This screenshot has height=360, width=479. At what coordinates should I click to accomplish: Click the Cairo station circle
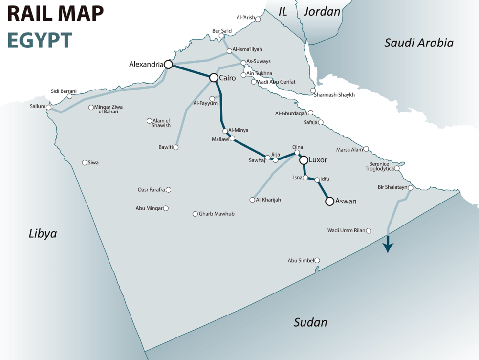(213, 78)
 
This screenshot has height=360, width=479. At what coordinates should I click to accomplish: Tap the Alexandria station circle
(168, 65)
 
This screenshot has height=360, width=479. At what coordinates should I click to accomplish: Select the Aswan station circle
(329, 201)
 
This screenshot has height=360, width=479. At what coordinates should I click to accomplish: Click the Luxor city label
(318, 160)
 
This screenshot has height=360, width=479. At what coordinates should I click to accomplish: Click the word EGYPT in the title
(40, 41)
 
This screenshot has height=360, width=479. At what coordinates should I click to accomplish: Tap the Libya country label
(43, 233)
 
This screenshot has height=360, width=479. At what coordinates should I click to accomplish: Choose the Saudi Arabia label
(419, 43)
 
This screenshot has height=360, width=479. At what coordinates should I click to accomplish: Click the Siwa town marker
(85, 163)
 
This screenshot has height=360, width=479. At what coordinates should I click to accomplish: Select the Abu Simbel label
(301, 261)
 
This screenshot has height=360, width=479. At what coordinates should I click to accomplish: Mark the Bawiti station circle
(176, 147)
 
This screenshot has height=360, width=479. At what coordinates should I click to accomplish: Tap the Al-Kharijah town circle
(252, 200)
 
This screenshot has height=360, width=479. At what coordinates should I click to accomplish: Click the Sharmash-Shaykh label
(334, 95)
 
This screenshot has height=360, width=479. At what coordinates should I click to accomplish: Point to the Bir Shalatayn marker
(411, 188)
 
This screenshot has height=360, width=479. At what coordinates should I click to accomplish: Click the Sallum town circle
(48, 107)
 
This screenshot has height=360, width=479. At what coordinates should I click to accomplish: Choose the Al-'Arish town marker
(258, 19)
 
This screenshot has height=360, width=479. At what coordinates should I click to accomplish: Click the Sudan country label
(310, 322)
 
